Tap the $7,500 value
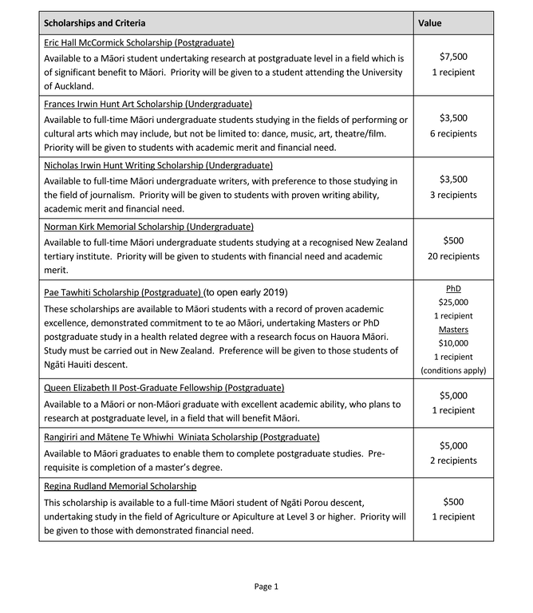tap(453, 57)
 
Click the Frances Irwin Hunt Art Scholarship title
tap(148, 104)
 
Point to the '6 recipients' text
tap(453, 133)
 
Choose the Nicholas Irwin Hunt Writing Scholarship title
tap(158, 165)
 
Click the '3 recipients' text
tap(453, 195)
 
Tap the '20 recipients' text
tap(453, 256)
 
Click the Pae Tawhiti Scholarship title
tap(122, 291)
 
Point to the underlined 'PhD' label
tap(453, 288)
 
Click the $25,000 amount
tap(453, 302)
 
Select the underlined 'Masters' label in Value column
tap(453, 330)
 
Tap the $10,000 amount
tap(453, 343)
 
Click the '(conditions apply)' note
tap(453, 370)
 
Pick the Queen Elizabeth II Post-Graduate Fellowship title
tap(164, 388)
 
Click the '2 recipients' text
tap(453, 461)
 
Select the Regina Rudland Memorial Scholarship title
tap(120, 486)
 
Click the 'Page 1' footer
tap(266, 587)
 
